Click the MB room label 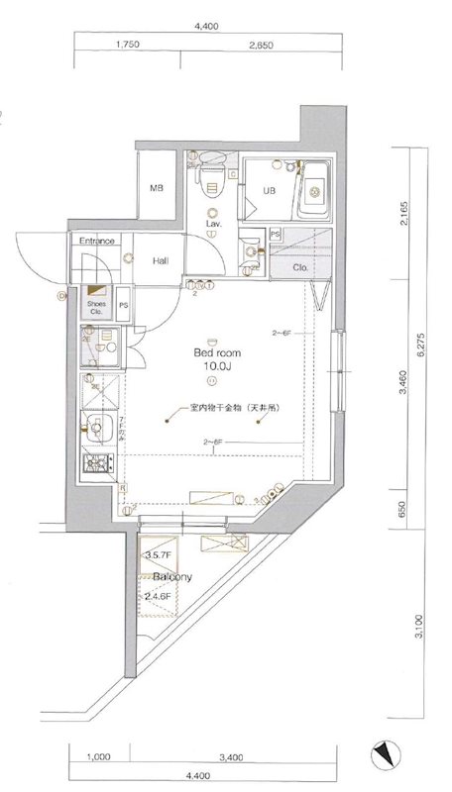[x=156, y=188]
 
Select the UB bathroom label [x=268, y=192]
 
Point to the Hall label [x=161, y=261]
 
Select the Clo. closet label [x=301, y=267]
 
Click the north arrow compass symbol [x=385, y=756]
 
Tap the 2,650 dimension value [x=261, y=45]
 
